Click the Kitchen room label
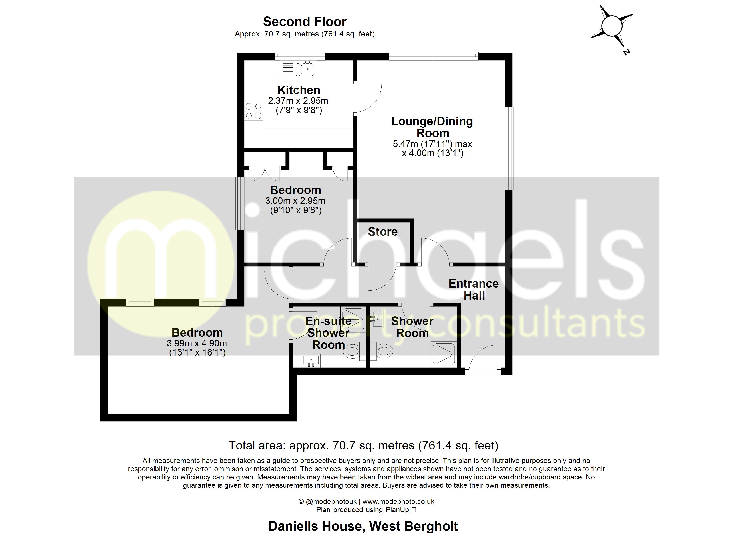(x=299, y=90)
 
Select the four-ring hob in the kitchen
(x=253, y=111)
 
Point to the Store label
(x=383, y=231)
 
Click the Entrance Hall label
(x=474, y=290)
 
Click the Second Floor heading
(x=305, y=22)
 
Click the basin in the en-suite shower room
(x=311, y=360)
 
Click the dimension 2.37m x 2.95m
(x=298, y=101)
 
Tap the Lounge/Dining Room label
(x=432, y=127)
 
